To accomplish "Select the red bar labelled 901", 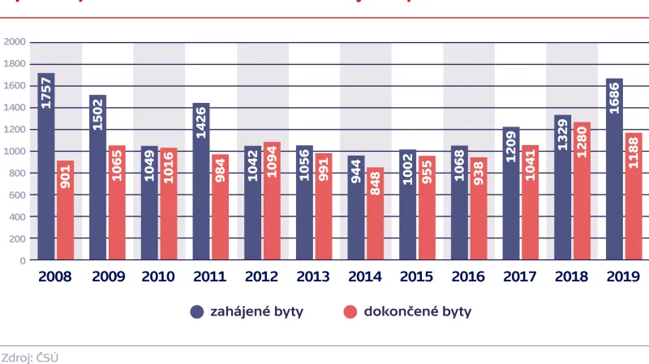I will click(65, 211).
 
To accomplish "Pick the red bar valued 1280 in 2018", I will click(582, 191).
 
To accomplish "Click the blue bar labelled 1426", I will click(201, 182).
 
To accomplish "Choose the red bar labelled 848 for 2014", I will click(375, 214).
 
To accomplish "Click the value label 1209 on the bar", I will click(510, 147).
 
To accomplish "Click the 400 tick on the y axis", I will click(17, 216).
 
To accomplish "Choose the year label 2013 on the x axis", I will click(313, 277).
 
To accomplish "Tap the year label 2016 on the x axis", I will click(468, 277).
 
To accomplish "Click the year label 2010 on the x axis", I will click(158, 277).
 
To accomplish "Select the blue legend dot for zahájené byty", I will click(196, 311).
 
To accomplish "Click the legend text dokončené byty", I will click(418, 311).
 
